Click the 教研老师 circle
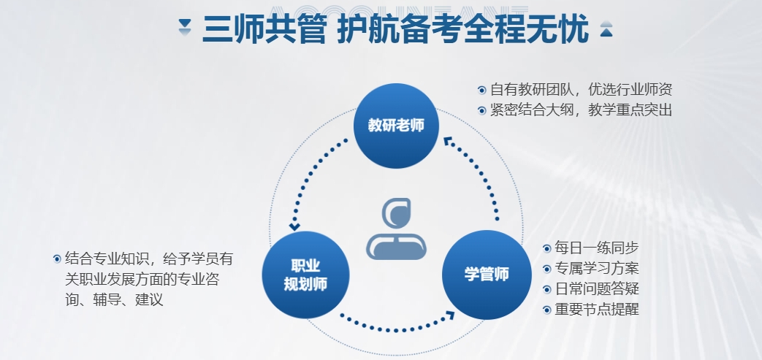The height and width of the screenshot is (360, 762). point(396,126)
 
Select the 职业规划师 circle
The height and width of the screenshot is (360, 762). point(305,275)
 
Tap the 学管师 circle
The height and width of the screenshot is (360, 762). point(487,275)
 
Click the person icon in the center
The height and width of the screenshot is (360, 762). point(396,229)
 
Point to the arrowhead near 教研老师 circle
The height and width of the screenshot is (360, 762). point(448,142)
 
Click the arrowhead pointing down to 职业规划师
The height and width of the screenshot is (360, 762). point(294,226)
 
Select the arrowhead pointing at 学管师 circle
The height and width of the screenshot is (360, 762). point(449,315)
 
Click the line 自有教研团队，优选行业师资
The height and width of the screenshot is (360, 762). point(582,89)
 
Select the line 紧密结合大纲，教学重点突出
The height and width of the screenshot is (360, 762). point(582,110)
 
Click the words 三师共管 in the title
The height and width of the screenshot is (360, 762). point(263,29)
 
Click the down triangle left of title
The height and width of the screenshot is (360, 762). point(185,27)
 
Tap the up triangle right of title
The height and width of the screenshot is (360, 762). point(606,28)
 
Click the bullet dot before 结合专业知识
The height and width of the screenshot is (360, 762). point(57,259)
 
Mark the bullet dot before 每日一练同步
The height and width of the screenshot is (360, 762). point(546,248)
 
